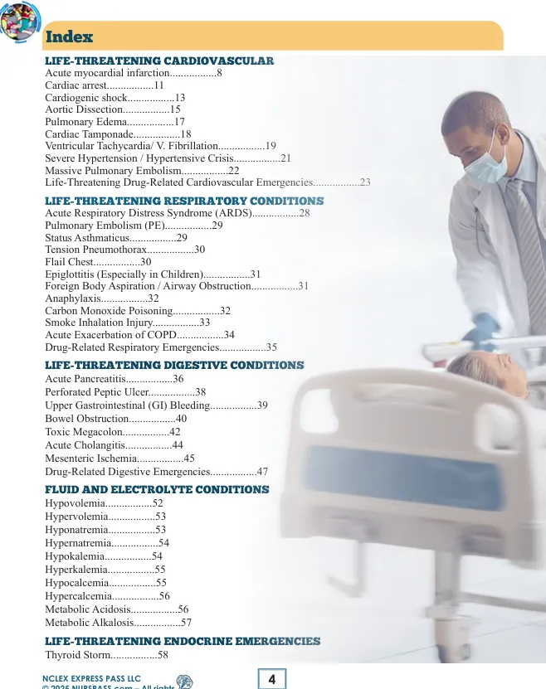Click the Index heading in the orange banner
[69, 37]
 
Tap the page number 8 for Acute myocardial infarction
[219, 74]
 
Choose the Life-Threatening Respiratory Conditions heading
[183, 201]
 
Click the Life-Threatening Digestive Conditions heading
[174, 365]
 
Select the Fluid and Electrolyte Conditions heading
[157, 489]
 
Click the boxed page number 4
[271, 679]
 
